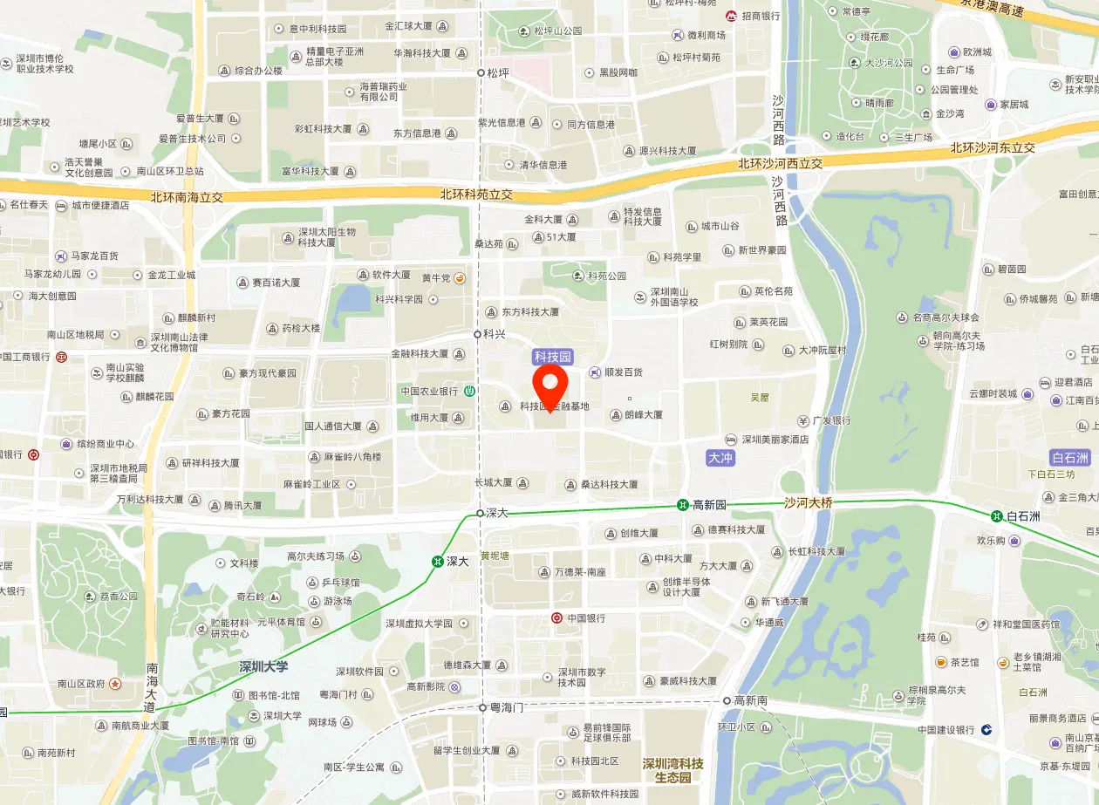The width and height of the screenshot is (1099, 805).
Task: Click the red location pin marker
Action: coord(550,385)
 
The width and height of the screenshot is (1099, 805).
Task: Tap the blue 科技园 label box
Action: coord(553,357)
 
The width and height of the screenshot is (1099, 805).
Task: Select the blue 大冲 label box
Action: coord(720,458)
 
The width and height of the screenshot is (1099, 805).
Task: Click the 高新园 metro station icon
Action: coord(683,505)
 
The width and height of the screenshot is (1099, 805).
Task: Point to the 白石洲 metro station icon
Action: coord(996,515)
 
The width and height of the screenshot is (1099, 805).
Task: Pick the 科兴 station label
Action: coord(495,334)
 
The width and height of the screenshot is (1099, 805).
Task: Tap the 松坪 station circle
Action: coord(481,73)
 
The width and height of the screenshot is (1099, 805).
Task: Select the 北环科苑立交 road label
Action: coord(476,194)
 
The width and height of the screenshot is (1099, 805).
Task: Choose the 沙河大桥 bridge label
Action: coord(808,502)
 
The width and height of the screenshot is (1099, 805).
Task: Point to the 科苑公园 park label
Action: coord(607,276)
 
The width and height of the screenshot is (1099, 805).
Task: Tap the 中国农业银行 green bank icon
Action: coord(469,391)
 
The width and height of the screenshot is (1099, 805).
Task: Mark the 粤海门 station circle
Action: coord(481,707)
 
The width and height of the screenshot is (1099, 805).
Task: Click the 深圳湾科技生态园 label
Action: coord(673,770)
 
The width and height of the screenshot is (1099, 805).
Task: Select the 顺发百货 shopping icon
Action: coord(595,372)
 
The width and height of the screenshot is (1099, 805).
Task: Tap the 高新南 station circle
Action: coord(727,700)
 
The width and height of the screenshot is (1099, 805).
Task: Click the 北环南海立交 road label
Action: coord(187,197)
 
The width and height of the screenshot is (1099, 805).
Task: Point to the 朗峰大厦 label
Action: coord(643,415)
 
